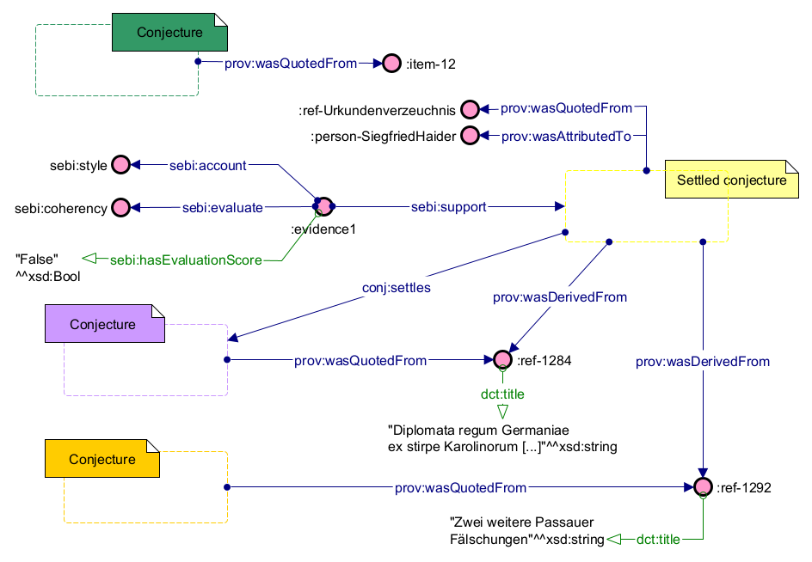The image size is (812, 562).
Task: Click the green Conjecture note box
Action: [x=169, y=33]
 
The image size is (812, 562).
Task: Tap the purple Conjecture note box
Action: [x=102, y=324]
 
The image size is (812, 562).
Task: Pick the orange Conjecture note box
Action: [x=102, y=459]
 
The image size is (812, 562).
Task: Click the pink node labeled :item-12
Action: [x=392, y=63]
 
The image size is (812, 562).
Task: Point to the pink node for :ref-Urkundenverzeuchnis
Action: [x=470, y=109]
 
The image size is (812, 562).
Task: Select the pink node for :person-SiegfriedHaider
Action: [x=470, y=136]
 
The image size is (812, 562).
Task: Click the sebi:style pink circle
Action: [x=120, y=165]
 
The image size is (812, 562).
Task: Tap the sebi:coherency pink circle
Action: [x=120, y=207]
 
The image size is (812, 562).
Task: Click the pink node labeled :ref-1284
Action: [x=503, y=361]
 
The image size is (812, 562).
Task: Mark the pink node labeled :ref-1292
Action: [x=704, y=487]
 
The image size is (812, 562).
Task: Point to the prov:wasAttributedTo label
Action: [x=566, y=136]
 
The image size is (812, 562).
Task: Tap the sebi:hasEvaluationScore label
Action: [x=185, y=260]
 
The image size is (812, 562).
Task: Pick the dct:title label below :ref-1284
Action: [x=502, y=394]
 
